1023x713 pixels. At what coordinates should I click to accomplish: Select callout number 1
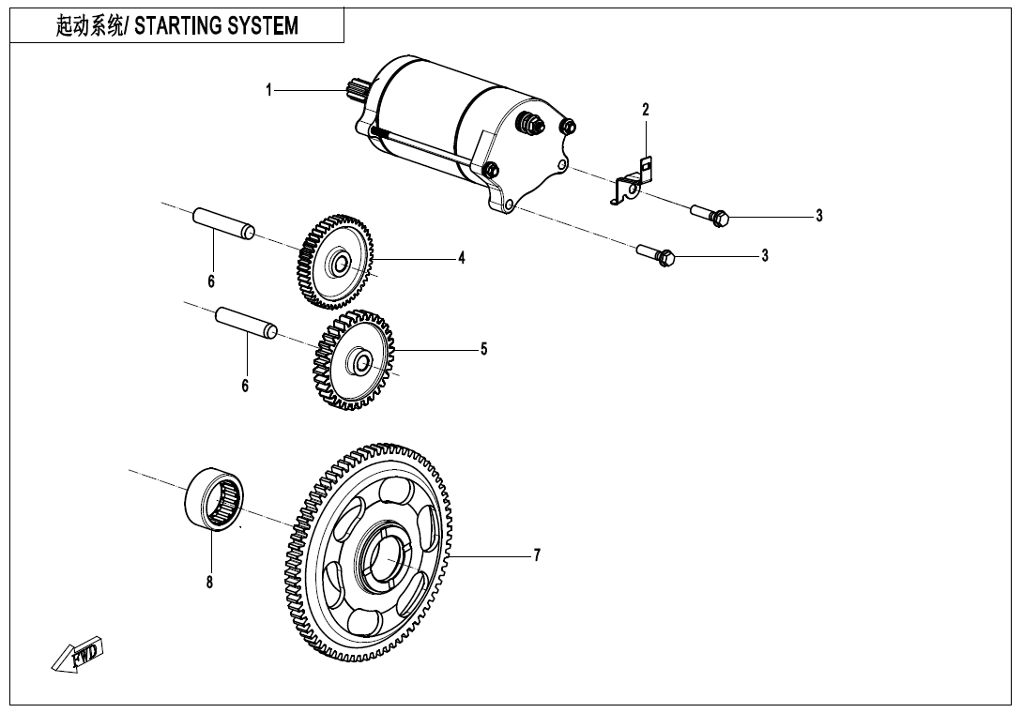pos(268,90)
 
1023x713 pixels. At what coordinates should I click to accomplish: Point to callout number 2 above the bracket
pos(645,110)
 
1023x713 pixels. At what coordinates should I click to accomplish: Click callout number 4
pos(462,259)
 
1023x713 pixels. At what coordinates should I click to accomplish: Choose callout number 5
pos(483,349)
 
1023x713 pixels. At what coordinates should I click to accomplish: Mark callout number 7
pos(537,555)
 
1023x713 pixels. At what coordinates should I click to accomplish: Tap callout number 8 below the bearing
pos(209,582)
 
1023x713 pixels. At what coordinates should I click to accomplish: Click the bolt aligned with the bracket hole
pos(710,215)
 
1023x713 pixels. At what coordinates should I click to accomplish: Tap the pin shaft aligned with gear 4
pos(223,224)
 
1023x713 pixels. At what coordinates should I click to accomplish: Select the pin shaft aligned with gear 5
pos(246,321)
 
